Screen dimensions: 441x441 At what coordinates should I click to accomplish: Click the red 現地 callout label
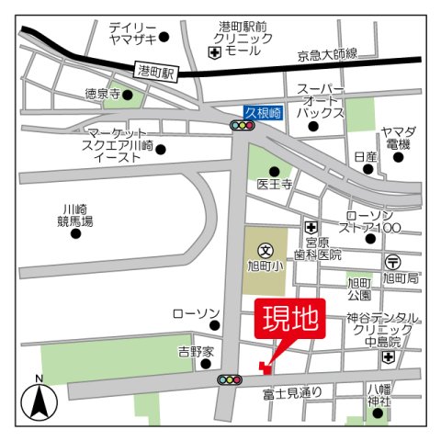pyautogui.click(x=289, y=321)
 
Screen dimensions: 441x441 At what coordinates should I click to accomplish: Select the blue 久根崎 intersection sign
pyautogui.click(x=263, y=112)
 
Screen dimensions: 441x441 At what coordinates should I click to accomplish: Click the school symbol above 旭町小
pyautogui.click(x=266, y=249)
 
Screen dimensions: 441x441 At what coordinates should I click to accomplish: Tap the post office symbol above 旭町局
pyautogui.click(x=393, y=260)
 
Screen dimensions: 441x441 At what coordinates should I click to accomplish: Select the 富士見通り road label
pyautogui.click(x=292, y=392)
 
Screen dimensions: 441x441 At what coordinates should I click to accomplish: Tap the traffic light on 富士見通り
pyautogui.click(x=230, y=379)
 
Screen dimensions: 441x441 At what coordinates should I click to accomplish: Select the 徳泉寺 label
pyautogui.click(x=103, y=93)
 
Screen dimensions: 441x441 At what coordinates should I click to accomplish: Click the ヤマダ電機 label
pyautogui.click(x=399, y=139)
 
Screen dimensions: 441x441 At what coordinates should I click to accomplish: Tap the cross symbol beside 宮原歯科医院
pyautogui.click(x=311, y=226)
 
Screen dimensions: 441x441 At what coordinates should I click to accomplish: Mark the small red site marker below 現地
pyautogui.click(x=265, y=368)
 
